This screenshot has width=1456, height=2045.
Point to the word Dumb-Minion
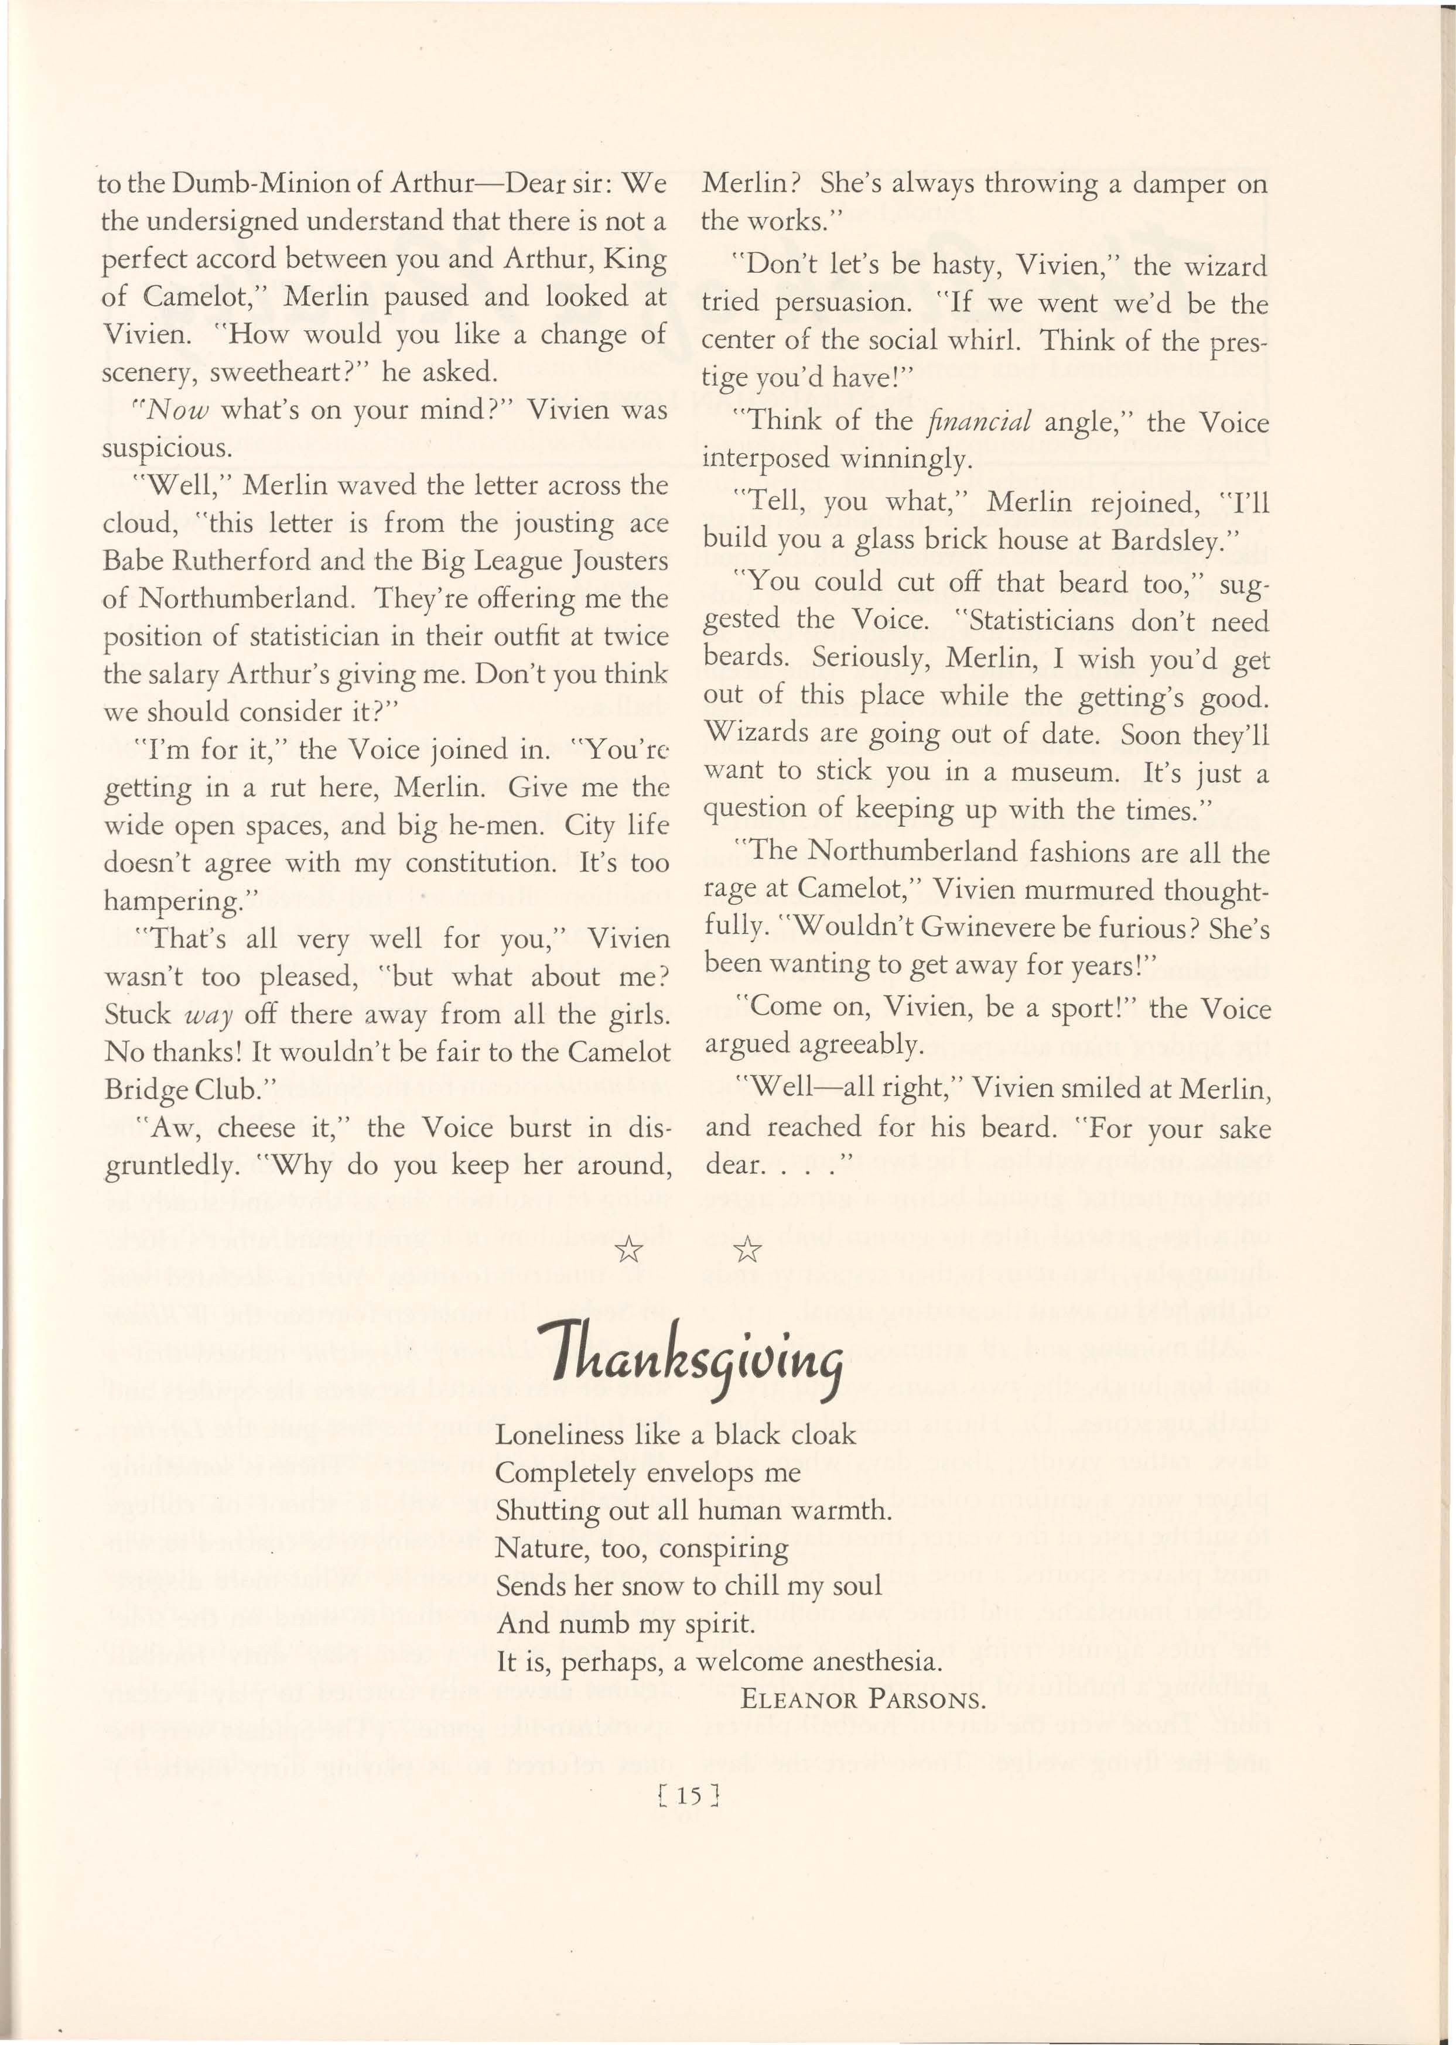pos(276,184)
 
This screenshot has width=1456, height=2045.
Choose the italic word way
pos(209,1015)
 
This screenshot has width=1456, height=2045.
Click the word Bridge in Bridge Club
pos(147,1090)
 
